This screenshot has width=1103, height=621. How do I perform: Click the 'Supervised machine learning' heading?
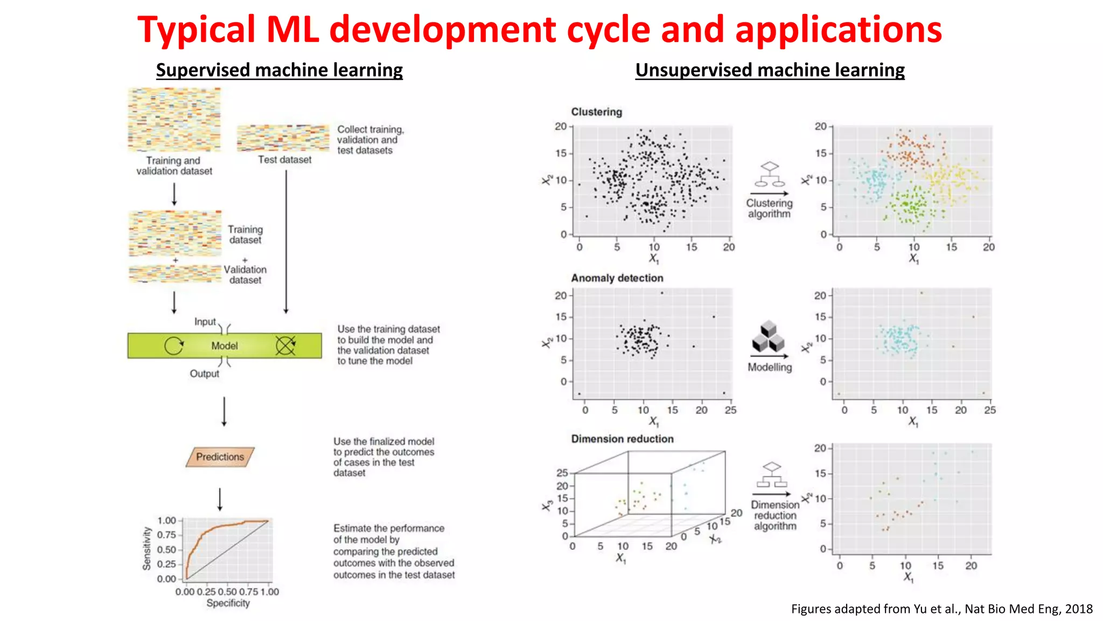(x=279, y=70)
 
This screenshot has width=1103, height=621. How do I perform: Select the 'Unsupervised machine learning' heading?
(x=770, y=70)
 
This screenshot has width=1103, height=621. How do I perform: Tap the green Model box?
(x=225, y=346)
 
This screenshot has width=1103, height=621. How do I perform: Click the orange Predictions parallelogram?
(x=220, y=457)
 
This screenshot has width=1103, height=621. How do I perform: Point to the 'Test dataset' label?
(x=284, y=160)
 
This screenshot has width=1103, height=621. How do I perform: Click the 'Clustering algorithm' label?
(x=769, y=208)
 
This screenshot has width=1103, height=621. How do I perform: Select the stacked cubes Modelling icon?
(x=769, y=337)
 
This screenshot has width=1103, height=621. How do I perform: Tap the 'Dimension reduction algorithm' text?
(x=775, y=515)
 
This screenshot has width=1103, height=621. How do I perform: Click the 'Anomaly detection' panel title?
(x=617, y=278)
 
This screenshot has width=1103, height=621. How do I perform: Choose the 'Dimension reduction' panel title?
(x=622, y=439)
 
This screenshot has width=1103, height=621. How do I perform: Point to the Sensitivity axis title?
(x=146, y=548)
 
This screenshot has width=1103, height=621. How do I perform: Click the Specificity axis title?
(x=228, y=603)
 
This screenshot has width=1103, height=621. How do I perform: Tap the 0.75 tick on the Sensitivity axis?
(x=166, y=535)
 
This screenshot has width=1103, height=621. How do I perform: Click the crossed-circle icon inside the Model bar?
(x=285, y=346)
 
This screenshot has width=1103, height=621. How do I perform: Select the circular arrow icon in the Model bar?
(x=173, y=346)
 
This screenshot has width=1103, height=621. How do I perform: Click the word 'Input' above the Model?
(x=205, y=322)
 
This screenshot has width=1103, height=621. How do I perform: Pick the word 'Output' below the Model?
(x=204, y=374)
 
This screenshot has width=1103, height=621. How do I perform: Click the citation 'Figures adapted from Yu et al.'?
(x=941, y=609)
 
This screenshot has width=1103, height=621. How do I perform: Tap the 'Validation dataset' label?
(x=245, y=274)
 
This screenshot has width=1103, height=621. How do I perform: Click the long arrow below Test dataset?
(x=286, y=243)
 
